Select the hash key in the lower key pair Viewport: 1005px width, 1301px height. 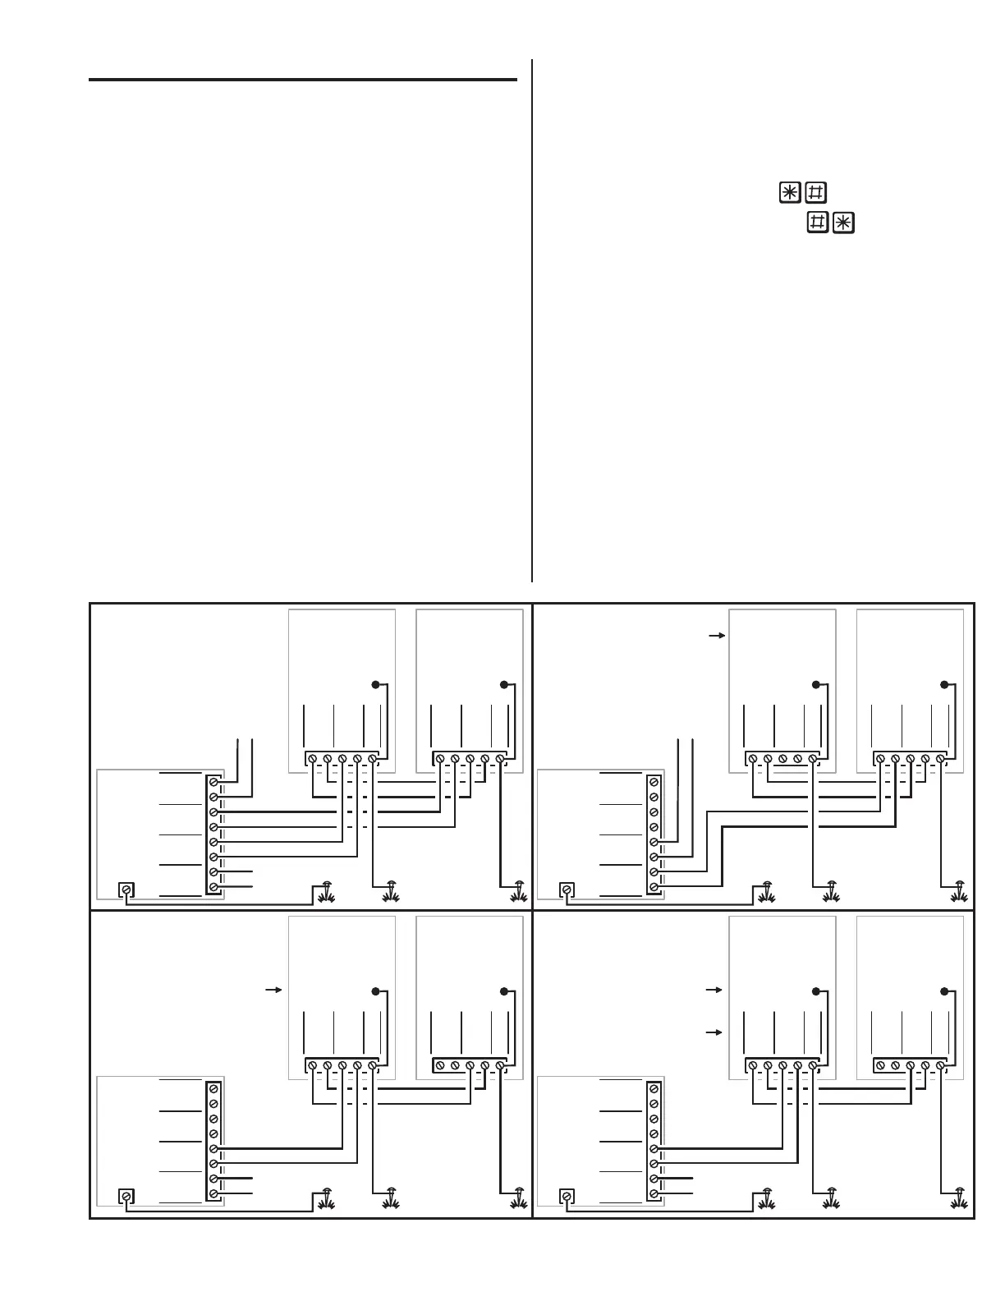point(817,223)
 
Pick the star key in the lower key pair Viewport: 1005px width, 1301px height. point(843,223)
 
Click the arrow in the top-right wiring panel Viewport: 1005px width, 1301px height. point(716,636)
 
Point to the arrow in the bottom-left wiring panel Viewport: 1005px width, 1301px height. point(274,991)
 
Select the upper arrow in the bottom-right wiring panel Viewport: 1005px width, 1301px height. point(715,991)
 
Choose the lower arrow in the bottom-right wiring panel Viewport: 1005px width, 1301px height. point(715,1032)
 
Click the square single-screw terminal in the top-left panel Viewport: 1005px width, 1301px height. point(126,890)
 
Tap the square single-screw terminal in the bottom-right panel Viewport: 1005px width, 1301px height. point(567,1196)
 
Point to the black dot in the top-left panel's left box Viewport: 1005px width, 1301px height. point(375,684)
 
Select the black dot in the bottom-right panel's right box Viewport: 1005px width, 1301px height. point(944,991)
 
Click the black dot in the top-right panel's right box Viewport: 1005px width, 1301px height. point(944,684)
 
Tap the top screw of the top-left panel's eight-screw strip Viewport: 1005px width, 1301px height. point(213,782)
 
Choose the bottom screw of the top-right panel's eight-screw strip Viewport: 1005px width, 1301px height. point(654,887)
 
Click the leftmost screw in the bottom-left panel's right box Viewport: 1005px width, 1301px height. point(439,1065)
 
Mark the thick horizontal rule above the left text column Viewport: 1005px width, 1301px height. point(302,80)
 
